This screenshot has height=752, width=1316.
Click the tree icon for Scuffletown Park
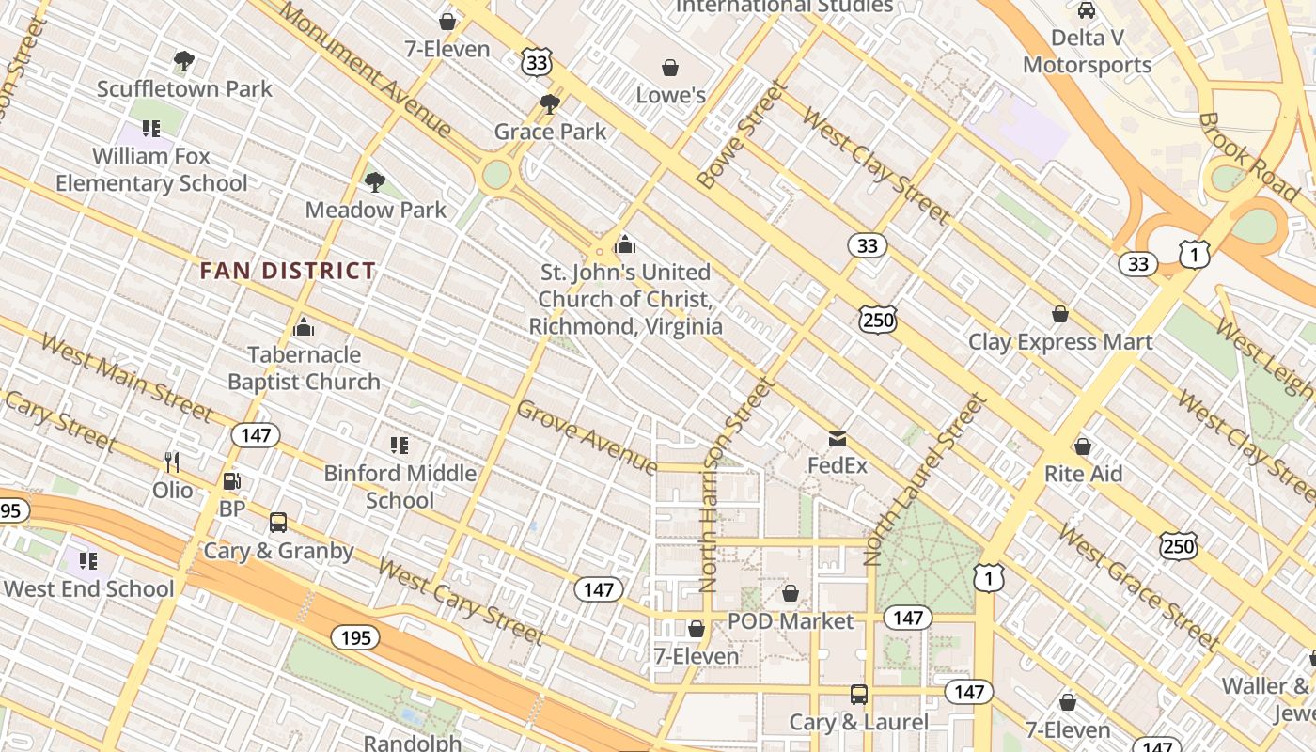[x=184, y=62]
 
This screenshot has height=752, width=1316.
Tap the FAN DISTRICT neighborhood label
[x=288, y=272]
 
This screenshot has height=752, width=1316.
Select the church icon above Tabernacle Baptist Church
[x=304, y=327]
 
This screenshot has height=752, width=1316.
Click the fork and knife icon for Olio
[x=172, y=462]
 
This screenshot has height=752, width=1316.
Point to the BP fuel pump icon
[x=231, y=481]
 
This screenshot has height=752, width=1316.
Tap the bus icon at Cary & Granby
[x=278, y=523]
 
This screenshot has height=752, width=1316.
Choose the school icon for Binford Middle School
[x=399, y=445]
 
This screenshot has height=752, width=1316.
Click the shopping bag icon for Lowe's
[x=670, y=68]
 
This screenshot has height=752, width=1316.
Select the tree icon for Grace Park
[x=550, y=103]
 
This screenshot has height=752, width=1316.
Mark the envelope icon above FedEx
[x=837, y=439]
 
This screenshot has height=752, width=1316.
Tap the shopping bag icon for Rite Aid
[x=1083, y=446]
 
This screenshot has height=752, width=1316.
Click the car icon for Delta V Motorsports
[x=1087, y=10]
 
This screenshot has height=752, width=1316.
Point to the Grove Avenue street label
[x=587, y=437]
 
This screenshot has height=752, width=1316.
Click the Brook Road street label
[x=1247, y=157]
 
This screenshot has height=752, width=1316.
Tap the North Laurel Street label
[x=926, y=478]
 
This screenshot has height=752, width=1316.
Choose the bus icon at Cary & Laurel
[x=859, y=695]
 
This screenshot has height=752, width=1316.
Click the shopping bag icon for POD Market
[x=791, y=593]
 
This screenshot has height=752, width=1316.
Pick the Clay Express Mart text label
[x=1060, y=341]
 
